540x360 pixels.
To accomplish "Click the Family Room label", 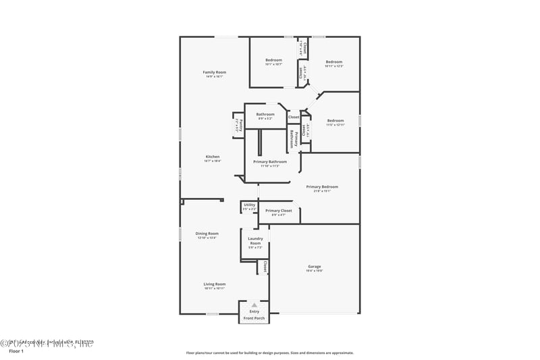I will (x=215, y=72).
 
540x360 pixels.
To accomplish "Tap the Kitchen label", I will (x=213, y=157).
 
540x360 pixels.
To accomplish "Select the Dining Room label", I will (x=207, y=234).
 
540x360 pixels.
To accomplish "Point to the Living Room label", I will (x=215, y=284).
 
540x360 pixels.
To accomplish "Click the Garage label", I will (x=315, y=267).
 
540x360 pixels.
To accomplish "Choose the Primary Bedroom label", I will (x=322, y=187).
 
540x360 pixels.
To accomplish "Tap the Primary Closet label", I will (x=278, y=211).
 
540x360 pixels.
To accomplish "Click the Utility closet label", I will (x=250, y=205).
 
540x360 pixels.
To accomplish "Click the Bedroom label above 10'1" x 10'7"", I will (x=273, y=61).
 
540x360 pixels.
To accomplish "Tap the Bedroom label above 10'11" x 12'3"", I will (x=334, y=61).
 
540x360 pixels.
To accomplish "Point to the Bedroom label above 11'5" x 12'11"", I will (x=335, y=121).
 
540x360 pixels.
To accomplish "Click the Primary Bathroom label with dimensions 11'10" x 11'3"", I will (x=270, y=161).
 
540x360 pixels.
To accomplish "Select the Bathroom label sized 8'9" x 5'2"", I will (x=265, y=114).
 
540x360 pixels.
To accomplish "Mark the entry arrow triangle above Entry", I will (x=254, y=305).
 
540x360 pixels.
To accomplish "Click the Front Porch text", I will (x=254, y=318).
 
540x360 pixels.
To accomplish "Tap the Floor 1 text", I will (x=16, y=351).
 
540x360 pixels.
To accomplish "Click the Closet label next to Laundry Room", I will (x=266, y=267).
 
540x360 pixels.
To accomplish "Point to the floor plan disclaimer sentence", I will (x=269, y=353).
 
